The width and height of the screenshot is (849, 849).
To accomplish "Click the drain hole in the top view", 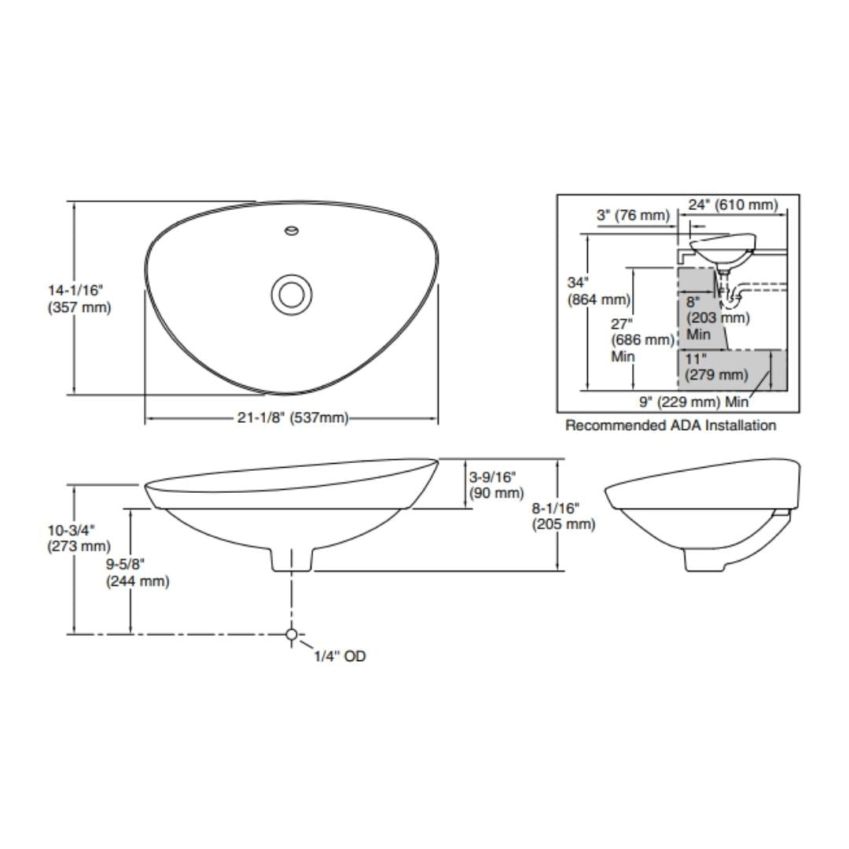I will (292, 294).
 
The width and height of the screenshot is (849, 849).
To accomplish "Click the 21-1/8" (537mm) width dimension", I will (292, 417).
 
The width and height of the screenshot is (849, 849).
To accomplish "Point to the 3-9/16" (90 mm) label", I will (496, 485).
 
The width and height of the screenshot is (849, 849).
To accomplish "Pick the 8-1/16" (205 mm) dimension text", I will (564, 516).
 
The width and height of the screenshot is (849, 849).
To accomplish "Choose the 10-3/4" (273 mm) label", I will (75, 538).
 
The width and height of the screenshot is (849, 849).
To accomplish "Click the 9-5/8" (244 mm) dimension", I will (137, 573).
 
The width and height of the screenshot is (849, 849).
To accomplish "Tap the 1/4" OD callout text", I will (340, 656).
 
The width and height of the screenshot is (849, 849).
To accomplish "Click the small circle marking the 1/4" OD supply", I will (292, 634).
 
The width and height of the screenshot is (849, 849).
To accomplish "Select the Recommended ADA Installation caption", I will (671, 425).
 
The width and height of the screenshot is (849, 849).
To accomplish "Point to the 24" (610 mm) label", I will (733, 205).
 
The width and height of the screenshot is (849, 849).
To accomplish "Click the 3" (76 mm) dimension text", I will (633, 215).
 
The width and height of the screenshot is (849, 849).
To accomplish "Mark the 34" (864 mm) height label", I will (598, 291).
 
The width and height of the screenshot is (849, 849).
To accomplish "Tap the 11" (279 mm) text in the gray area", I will (715, 367).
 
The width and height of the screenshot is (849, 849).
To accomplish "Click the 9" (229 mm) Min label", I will (693, 402).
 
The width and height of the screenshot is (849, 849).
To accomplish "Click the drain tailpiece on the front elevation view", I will (292, 559).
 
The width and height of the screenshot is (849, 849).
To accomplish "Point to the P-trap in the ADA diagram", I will (733, 298).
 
